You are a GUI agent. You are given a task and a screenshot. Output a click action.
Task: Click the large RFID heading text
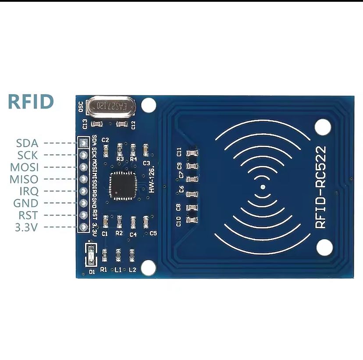click(x=31, y=102)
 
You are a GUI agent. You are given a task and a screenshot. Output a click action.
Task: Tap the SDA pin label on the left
click(x=27, y=143)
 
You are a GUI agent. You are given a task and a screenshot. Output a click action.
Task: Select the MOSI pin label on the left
click(x=24, y=167)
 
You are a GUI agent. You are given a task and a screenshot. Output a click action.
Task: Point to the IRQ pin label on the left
click(x=29, y=191)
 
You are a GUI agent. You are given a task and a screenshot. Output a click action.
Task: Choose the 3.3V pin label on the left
click(x=27, y=227)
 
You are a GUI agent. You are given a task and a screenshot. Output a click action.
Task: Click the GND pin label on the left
click(x=26, y=203)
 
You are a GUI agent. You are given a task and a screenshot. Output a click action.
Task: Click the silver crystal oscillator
click(x=110, y=106)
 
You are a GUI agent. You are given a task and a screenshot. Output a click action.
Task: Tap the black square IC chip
click(x=123, y=186)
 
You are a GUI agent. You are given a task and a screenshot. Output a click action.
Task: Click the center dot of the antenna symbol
click(x=262, y=187)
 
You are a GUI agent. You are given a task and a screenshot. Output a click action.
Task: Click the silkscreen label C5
click(x=153, y=233)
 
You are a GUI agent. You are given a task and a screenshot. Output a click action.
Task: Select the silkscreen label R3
click(x=120, y=159)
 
